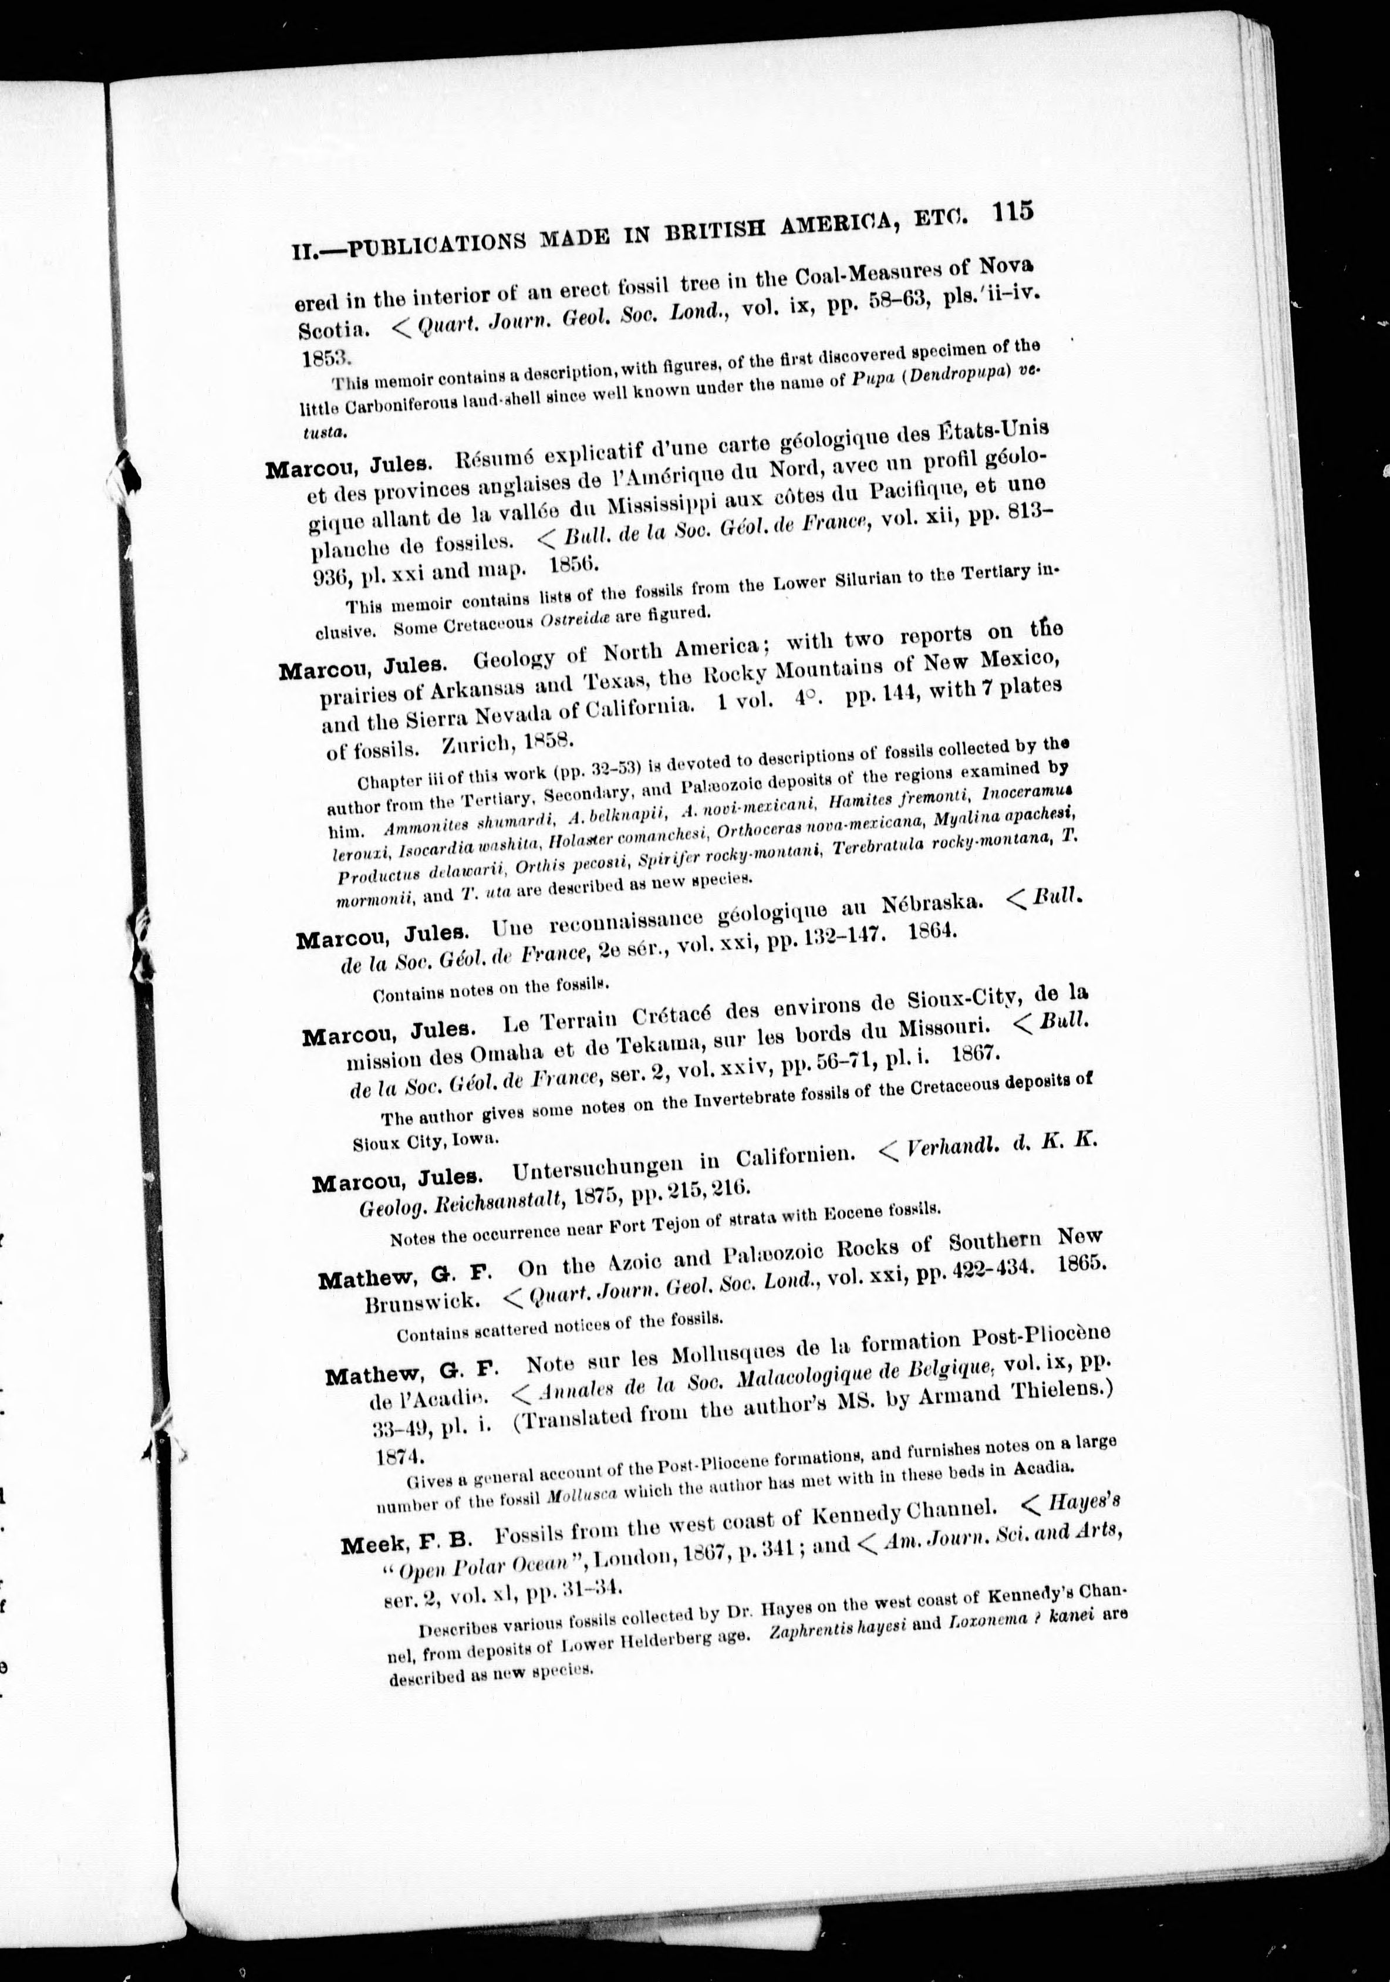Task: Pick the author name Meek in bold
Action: click(x=370, y=1546)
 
